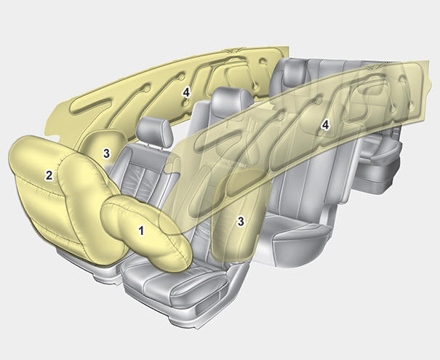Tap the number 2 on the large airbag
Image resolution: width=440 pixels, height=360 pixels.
(x=49, y=175)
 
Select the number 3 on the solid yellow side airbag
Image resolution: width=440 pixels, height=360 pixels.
(x=106, y=153)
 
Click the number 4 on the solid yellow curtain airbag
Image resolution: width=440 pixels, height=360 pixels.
(x=186, y=92)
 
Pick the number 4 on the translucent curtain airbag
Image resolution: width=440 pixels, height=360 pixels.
(x=326, y=126)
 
